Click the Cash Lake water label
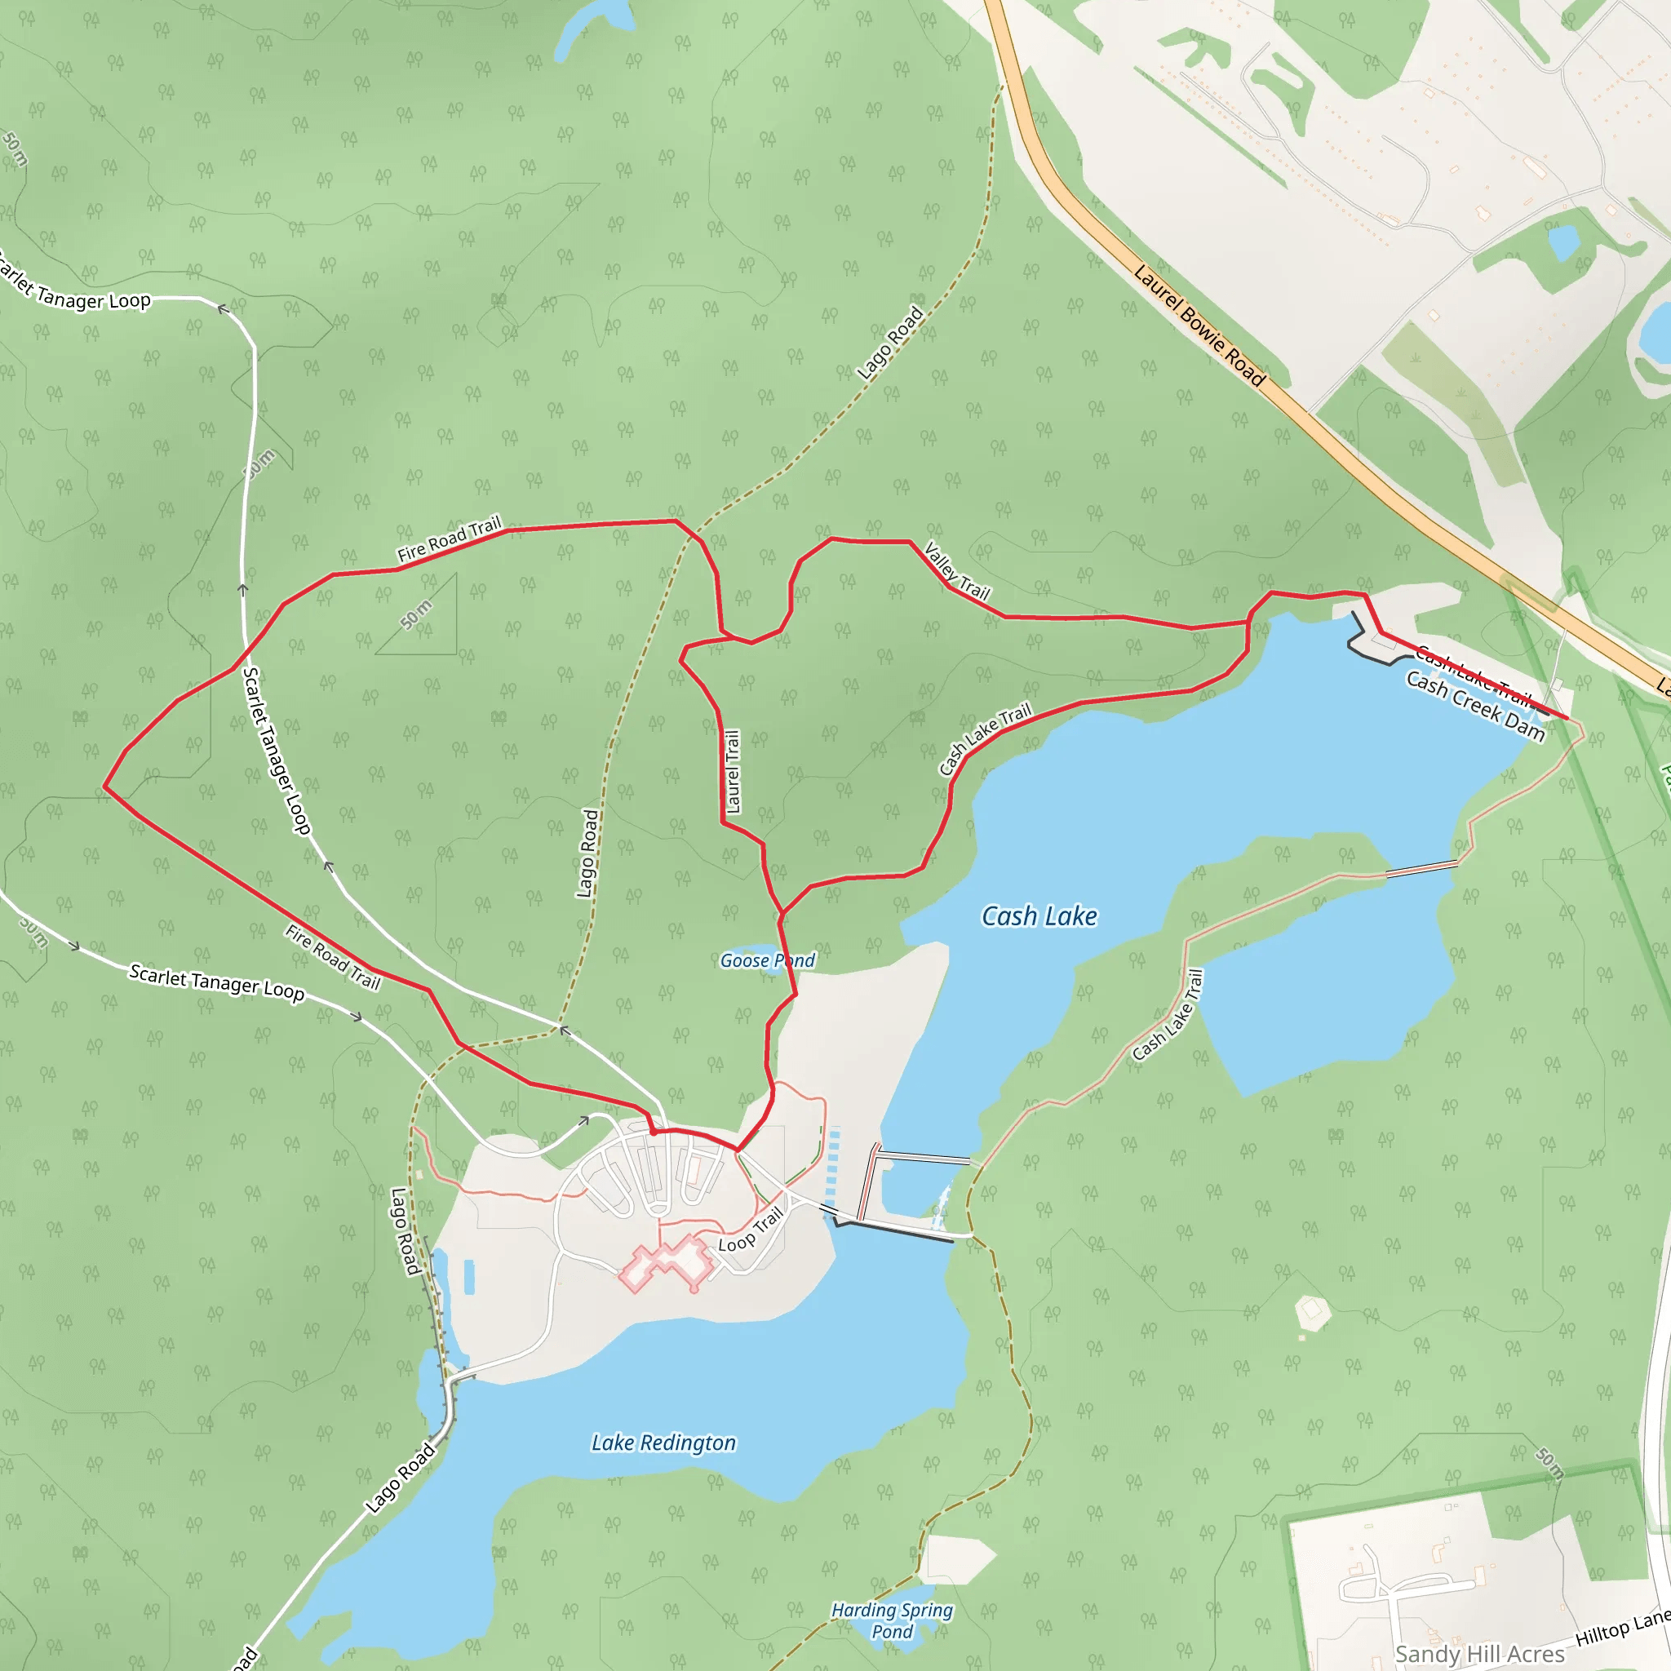tap(1039, 916)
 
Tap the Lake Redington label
tap(663, 1442)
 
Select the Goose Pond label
tap(767, 960)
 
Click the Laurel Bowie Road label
tap(1199, 326)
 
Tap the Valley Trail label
tap(956, 571)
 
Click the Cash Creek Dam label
tap(1474, 706)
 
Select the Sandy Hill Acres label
tap(1479, 1654)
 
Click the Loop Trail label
tap(750, 1230)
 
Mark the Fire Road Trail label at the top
tap(449, 539)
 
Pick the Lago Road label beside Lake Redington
tap(400, 1478)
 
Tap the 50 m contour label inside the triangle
tap(416, 614)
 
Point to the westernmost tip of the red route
tap(104, 787)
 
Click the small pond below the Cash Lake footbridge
tap(915, 1186)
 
